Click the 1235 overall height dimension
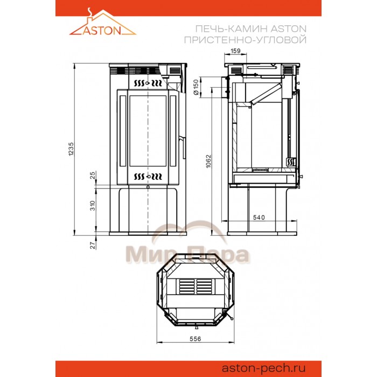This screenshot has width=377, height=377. tap(71, 149)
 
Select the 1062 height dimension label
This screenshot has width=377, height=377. tap(208, 161)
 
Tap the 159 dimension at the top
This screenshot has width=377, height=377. tap(235, 51)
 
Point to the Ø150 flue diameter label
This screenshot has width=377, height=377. tap(196, 87)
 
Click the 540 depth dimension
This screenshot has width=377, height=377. tap(259, 218)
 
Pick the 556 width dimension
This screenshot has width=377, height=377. tap(195, 339)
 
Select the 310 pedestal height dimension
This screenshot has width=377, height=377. tap(93, 206)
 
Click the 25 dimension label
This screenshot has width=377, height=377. tap(93, 175)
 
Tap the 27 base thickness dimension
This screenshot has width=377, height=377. tap(93, 245)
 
